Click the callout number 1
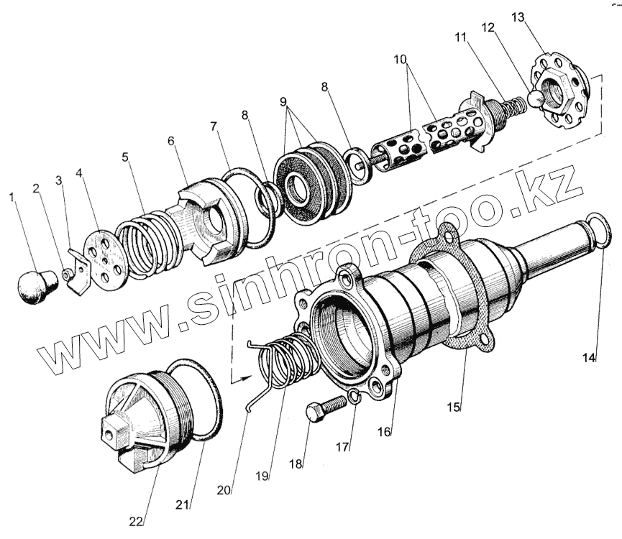tap(10, 196)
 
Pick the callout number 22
tap(137, 520)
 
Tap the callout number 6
tap(171, 142)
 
